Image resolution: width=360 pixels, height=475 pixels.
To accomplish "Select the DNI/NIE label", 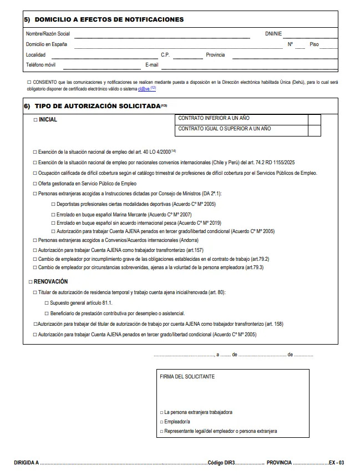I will pos(273,33).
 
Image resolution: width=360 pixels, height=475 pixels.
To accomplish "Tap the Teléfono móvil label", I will pos(40,65).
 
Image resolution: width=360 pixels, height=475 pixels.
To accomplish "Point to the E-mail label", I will pos(152,65).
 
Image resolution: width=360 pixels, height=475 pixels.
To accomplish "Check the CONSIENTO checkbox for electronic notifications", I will pos(28,82).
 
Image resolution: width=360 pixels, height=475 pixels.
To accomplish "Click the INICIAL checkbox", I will pos(35,120).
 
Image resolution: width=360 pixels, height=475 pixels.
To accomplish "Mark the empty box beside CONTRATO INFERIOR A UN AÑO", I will pos(314,119).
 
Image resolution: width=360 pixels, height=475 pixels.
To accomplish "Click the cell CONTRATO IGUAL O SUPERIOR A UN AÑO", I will pos(241,129).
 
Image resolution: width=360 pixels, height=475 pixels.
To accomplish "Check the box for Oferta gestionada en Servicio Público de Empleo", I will pos(35,184).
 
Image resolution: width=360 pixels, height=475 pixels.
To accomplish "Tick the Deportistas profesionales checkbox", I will pos(53,205).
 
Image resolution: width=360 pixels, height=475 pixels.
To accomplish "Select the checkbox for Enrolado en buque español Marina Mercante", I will pos(53,214).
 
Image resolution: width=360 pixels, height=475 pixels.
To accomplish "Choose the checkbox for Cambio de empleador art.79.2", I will pos(35,259).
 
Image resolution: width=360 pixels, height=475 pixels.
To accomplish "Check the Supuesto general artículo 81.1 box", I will pos(46,303).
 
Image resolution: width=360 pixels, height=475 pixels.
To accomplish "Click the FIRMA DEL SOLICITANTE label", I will pos(187,376).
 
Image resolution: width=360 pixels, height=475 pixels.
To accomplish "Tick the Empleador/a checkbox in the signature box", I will pos(161,422).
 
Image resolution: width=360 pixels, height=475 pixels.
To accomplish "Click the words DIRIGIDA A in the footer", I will pos(26,462).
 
